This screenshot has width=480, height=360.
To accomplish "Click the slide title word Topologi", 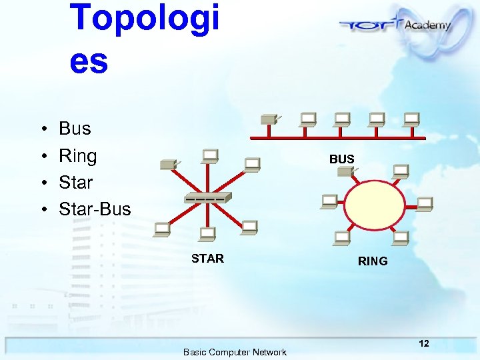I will (144, 19).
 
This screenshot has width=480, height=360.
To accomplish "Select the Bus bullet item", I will (75, 128).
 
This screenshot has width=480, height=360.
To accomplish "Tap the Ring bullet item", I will (77, 156).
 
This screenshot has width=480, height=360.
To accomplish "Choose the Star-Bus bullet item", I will (95, 209).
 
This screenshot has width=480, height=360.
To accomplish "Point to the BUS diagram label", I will (341, 159).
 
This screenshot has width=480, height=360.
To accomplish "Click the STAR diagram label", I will (207, 259).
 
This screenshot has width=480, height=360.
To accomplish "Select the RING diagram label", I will (372, 261).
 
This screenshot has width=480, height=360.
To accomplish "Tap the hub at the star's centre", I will (208, 198).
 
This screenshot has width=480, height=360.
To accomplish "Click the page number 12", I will (423, 343).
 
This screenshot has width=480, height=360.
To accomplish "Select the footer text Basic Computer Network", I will (235, 352).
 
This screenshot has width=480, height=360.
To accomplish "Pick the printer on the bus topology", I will (269, 119).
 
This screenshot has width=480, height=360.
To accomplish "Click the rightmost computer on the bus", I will (411, 119).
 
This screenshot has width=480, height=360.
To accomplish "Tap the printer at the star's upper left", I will (167, 164).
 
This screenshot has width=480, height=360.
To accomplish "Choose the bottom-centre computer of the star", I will (207, 233).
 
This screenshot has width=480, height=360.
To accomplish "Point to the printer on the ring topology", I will (345, 171).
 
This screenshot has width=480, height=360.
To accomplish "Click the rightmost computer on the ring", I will (424, 203).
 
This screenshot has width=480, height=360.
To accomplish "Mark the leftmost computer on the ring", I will (328, 200).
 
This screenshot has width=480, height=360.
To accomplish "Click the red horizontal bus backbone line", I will (337, 137).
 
